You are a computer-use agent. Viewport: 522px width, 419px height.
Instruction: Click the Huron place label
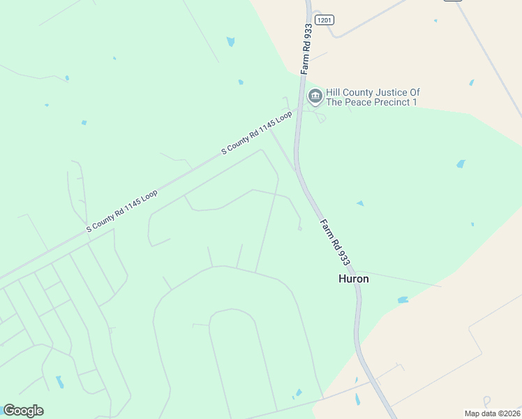point(353,279)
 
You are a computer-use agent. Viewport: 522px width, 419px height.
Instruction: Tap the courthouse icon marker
point(315,96)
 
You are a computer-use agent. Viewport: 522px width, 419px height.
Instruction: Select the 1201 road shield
point(324,20)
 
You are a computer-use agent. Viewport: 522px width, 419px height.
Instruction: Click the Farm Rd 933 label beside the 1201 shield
point(306,49)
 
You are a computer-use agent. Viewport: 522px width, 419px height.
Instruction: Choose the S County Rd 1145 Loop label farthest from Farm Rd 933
point(122,210)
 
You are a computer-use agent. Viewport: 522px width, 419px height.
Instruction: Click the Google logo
point(23,411)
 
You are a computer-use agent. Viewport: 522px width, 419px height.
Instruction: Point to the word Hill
point(334,92)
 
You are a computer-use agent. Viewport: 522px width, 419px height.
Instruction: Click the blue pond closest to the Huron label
point(403,300)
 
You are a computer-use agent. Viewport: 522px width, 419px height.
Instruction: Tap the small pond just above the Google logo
point(59,382)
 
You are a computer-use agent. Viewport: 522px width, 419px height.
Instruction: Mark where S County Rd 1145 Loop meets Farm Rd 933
point(297,110)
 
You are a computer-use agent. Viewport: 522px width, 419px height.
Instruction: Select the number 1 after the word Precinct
point(415,103)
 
